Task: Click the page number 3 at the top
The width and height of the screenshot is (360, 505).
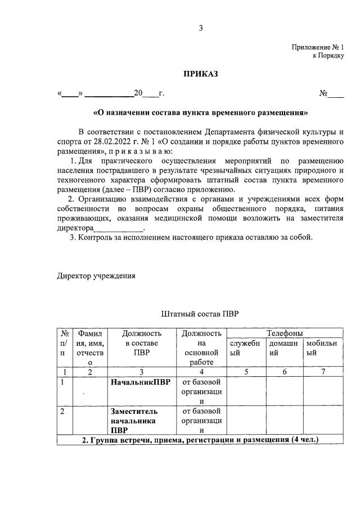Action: [x=200, y=29]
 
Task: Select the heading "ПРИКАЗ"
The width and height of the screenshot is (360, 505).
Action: [x=200, y=74]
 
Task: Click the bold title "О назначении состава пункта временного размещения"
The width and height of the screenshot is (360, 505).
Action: [x=200, y=112]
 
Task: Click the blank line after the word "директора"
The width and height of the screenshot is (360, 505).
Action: [x=119, y=228]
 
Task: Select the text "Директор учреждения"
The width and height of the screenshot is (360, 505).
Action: [x=96, y=276]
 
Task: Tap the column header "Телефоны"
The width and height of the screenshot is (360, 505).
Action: [x=284, y=333]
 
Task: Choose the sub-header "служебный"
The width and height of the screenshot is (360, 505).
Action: [x=245, y=348]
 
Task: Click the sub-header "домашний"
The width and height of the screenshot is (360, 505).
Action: [x=284, y=348]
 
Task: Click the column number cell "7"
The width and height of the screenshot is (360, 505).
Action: [x=322, y=372]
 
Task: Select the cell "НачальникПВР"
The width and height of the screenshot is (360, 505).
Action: [x=140, y=382]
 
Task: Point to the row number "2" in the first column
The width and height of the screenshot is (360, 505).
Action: [x=62, y=411]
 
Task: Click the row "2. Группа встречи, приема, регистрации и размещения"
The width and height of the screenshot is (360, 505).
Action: [x=200, y=440]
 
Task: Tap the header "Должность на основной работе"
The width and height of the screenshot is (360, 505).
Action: [x=201, y=348]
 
